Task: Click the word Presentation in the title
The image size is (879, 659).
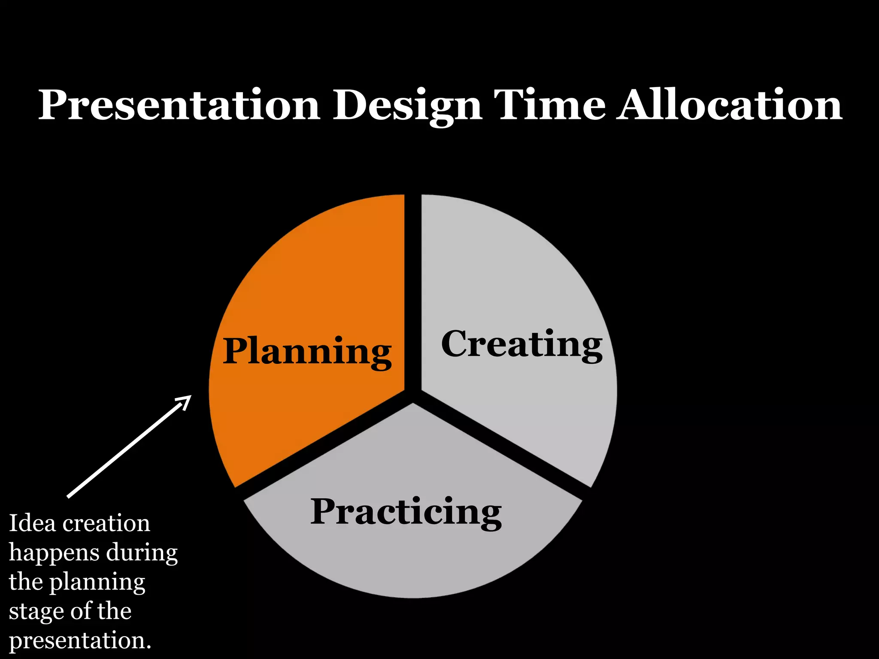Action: (179, 105)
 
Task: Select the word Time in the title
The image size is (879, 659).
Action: (549, 105)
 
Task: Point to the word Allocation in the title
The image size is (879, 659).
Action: (730, 105)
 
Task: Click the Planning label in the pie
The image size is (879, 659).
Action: (307, 352)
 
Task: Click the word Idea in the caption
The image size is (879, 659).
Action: (32, 523)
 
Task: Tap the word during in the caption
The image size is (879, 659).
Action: (142, 553)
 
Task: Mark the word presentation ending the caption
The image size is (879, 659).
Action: (79, 641)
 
